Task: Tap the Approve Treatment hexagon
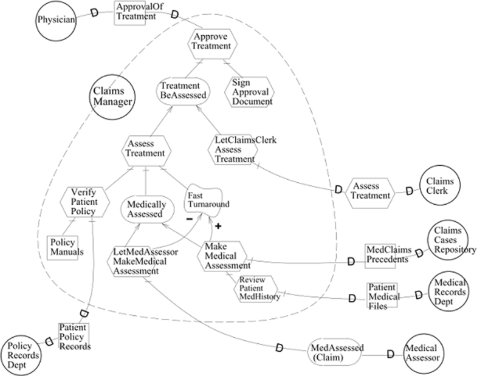click(209, 41)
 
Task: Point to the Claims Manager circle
click(112, 97)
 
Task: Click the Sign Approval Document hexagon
click(251, 91)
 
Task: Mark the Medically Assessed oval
click(145, 208)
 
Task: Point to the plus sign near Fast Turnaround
click(217, 226)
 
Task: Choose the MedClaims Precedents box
click(384, 255)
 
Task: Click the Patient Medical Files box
click(382, 295)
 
